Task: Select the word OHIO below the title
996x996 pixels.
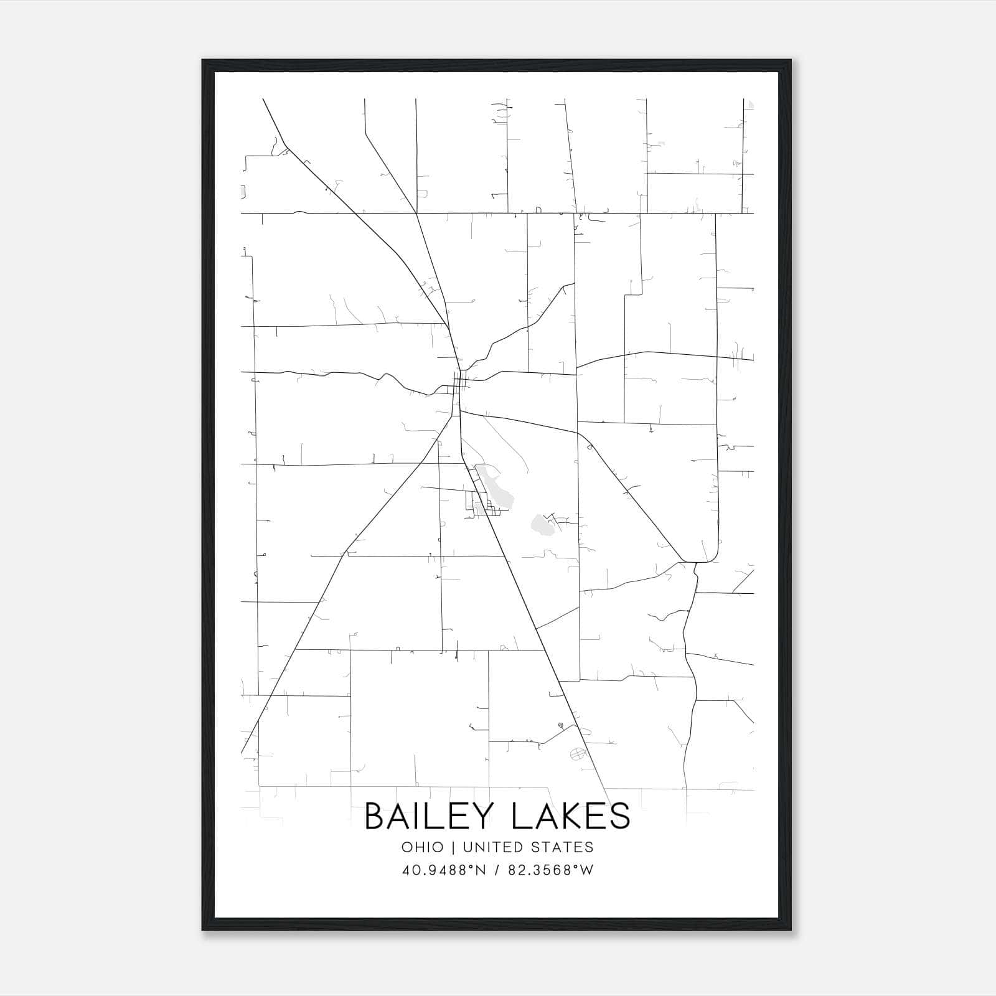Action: coord(423,847)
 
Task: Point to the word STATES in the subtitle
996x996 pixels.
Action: coord(563,847)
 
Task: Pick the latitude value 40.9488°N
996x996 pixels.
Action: coord(442,870)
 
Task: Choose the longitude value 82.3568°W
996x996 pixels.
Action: coord(551,870)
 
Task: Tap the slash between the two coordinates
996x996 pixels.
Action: coord(496,870)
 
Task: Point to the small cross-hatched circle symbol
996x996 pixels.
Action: coord(578,754)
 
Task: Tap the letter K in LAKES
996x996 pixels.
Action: coord(566,816)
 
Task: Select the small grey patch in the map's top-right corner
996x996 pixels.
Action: coord(751,104)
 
